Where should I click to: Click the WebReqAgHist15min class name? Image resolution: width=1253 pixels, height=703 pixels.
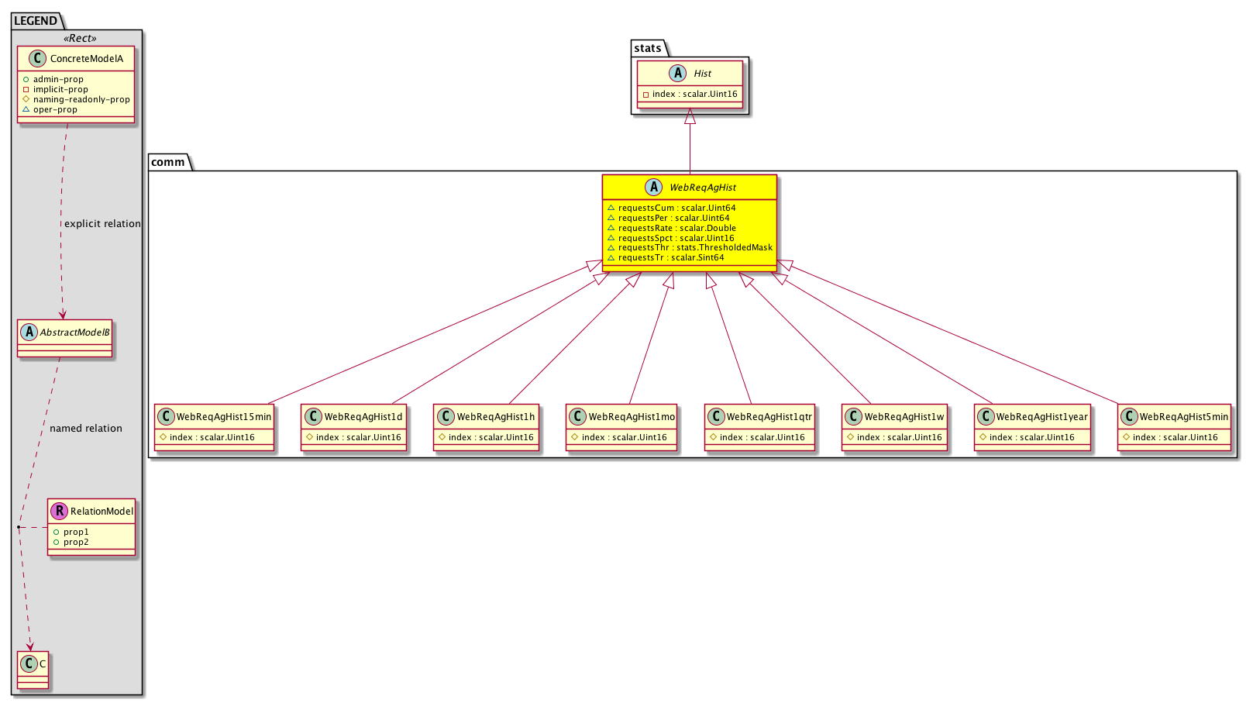[224, 417]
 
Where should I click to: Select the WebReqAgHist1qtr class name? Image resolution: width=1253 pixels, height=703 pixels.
[769, 417]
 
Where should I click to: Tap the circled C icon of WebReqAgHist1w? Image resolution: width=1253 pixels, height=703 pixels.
[853, 417]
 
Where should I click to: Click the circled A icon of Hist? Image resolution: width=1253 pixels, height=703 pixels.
[677, 74]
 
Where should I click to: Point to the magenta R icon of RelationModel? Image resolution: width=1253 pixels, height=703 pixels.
[59, 511]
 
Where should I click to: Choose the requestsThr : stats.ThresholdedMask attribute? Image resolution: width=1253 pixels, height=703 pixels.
[695, 247]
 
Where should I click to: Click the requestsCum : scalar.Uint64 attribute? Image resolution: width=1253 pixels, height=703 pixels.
[676, 208]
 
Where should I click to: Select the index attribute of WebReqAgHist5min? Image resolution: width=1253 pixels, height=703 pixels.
[1176, 438]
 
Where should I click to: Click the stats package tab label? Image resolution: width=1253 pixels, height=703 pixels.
[648, 49]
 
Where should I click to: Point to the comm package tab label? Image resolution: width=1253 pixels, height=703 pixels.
[168, 162]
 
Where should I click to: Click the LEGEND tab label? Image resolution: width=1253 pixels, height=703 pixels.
[35, 21]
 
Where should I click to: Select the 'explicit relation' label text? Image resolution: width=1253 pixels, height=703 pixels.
[102, 224]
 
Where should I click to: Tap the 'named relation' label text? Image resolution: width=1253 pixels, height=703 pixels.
[85, 429]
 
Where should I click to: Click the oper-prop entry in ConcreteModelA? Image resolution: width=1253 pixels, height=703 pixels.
[55, 110]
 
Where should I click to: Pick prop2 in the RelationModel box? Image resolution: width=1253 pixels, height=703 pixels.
[76, 543]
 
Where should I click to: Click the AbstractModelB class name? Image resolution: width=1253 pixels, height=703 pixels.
[74, 333]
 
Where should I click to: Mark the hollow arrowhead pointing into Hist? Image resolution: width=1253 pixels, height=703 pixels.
[690, 115]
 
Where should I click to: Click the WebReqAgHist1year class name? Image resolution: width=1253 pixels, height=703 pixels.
[1041, 417]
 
